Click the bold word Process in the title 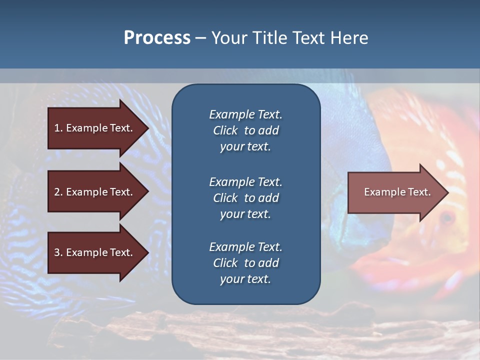click(x=157, y=38)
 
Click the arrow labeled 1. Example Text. click(x=95, y=128)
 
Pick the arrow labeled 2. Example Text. click(x=95, y=192)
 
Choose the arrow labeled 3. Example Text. click(x=95, y=252)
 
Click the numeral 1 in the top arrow click(x=56, y=128)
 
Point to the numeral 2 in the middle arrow click(x=57, y=192)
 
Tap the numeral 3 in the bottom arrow click(x=57, y=252)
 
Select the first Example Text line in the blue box click(x=245, y=114)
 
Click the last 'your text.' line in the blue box click(x=245, y=279)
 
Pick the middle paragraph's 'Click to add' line click(x=245, y=198)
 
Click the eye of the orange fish click(x=446, y=217)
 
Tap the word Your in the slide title click(x=228, y=38)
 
